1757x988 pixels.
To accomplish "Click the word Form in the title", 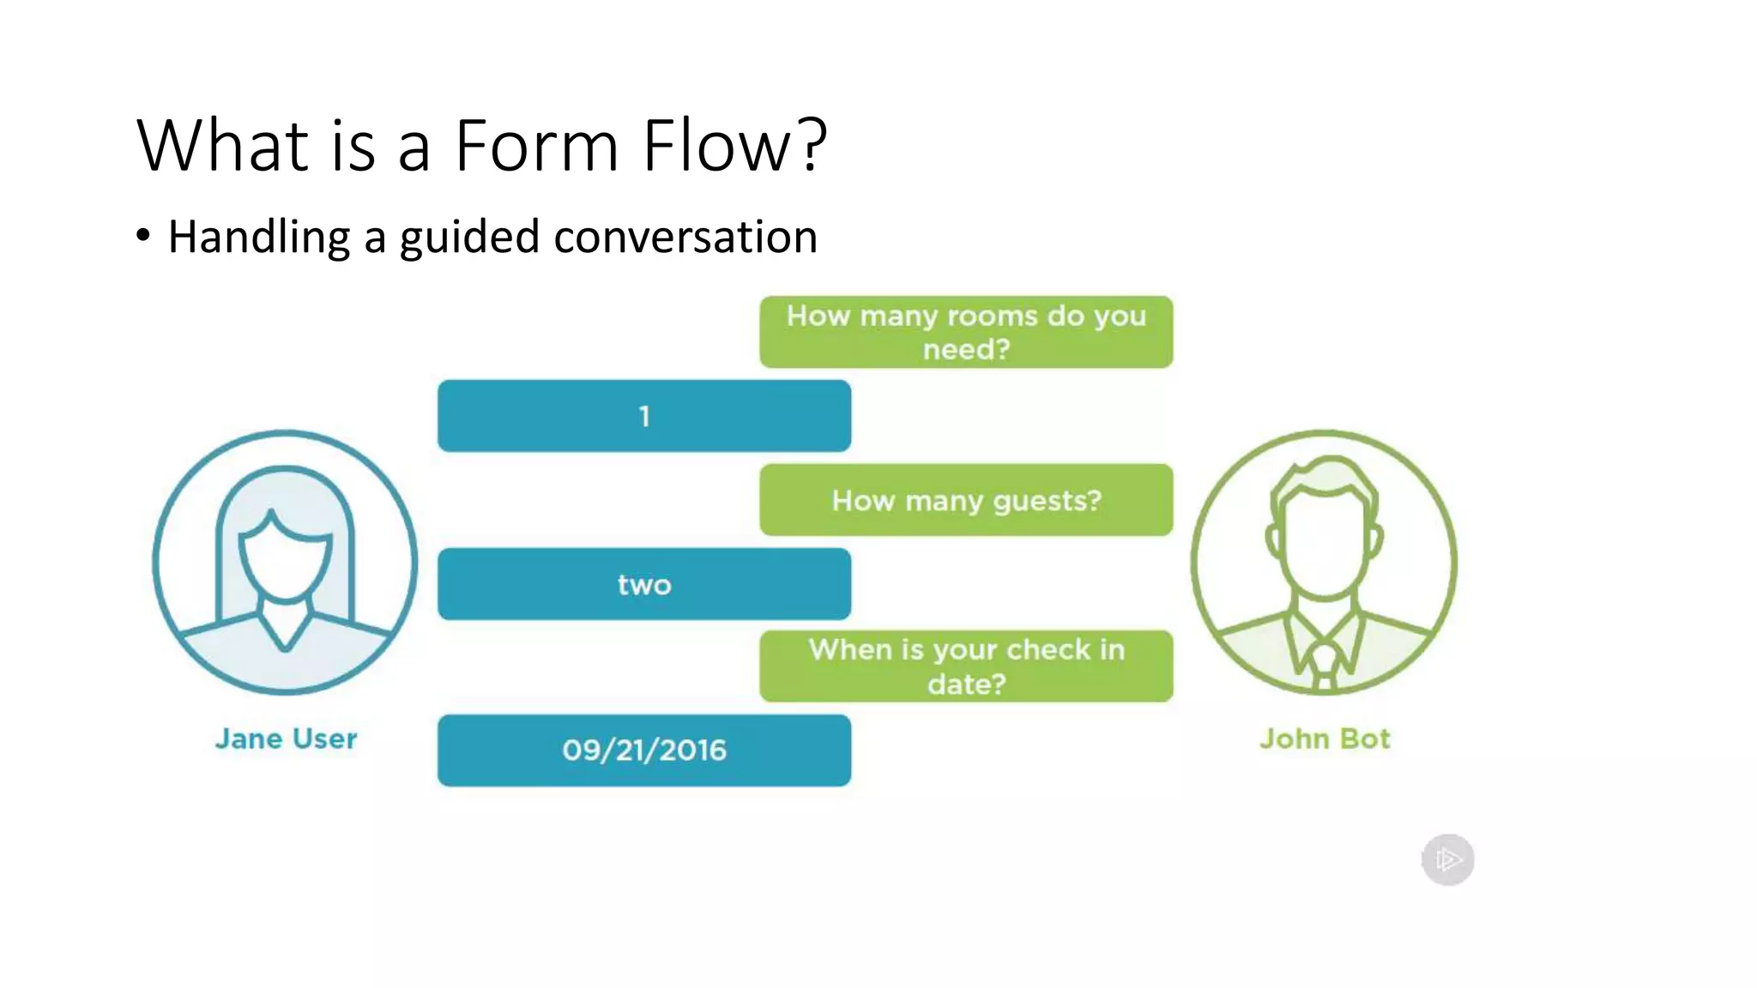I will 536,146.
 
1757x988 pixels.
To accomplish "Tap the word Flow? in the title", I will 734,146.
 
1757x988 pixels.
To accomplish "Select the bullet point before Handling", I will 143,235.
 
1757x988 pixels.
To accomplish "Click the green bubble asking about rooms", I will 966,332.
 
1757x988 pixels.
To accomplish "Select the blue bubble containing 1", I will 644,416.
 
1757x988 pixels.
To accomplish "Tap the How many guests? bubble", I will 966,500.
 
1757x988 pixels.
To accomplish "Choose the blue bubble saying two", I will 644,584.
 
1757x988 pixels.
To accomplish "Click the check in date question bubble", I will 966,666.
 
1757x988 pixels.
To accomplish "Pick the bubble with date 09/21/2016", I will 644,750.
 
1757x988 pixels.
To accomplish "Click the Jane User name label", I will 286,738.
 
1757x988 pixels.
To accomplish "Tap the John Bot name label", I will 1325,738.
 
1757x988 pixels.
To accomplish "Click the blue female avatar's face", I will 285,562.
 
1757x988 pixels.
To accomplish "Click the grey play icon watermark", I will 1448,859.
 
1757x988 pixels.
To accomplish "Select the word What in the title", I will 222,146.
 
